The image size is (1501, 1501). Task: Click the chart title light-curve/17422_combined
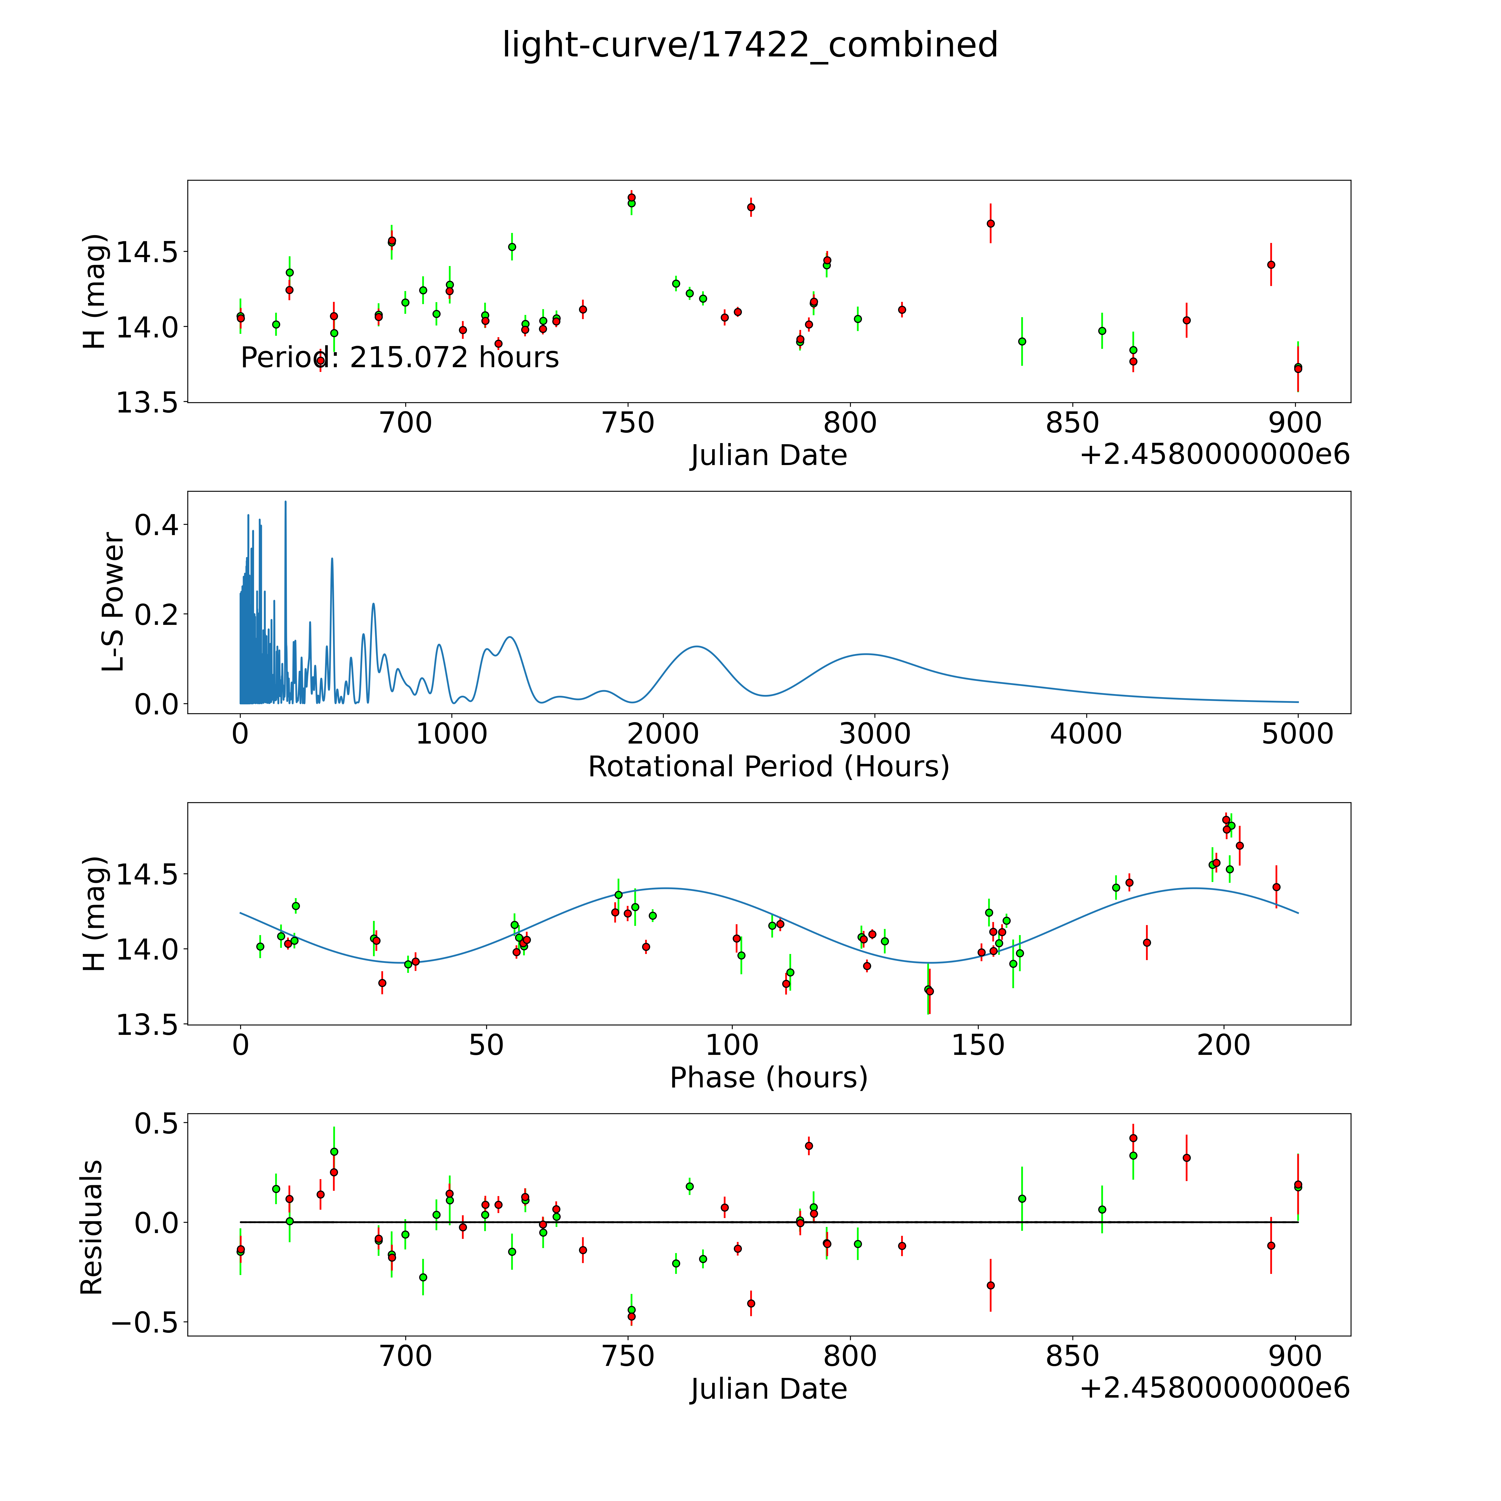750,45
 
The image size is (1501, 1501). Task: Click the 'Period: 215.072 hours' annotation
399,357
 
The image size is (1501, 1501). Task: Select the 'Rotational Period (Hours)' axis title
768,767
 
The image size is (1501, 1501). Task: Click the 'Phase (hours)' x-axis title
768,1078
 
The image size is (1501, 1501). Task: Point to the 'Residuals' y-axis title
92,1227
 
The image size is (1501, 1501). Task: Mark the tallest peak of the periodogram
285,502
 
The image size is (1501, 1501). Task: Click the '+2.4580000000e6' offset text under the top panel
1214,454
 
